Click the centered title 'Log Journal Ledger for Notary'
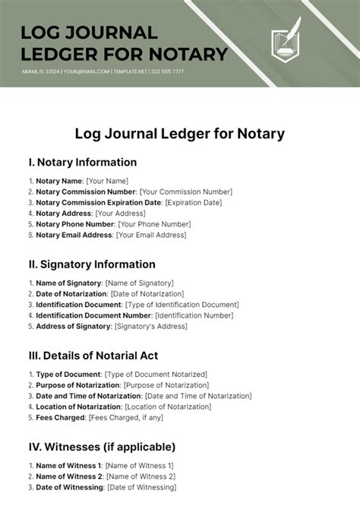[x=179, y=135]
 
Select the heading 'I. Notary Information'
[x=82, y=162]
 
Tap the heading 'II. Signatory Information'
[x=91, y=265]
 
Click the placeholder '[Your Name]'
[x=107, y=181]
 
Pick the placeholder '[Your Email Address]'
[x=150, y=236]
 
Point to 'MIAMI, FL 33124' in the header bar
[x=40, y=71]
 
